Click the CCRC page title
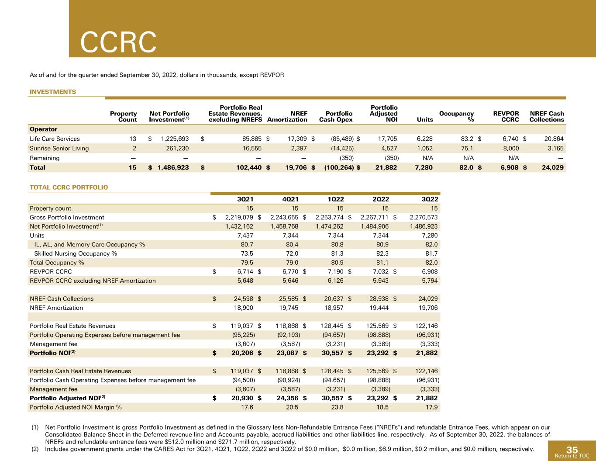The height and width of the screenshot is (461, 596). (x=118, y=42)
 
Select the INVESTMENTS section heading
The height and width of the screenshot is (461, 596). (x=53, y=92)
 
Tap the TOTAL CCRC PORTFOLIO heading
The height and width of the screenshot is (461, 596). (x=69, y=187)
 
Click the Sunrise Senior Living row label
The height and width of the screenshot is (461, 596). (x=59, y=148)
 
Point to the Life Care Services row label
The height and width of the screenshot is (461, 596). (x=55, y=139)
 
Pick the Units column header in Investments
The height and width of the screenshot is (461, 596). (x=425, y=119)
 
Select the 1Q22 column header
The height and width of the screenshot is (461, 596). (x=336, y=199)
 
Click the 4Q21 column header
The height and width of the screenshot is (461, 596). (x=290, y=199)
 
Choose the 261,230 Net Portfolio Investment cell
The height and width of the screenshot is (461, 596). (x=177, y=148)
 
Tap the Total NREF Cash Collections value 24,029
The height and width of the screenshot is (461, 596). (x=552, y=167)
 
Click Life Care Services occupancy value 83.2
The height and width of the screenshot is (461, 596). (x=467, y=139)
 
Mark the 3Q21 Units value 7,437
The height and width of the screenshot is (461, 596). (x=245, y=236)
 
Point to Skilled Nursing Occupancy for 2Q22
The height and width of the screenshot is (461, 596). (x=382, y=253)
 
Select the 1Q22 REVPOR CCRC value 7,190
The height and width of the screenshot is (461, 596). (x=335, y=272)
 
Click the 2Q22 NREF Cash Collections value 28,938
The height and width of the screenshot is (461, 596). (x=379, y=298)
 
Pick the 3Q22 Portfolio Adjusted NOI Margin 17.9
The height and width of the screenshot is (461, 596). (x=431, y=407)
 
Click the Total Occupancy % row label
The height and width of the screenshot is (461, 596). (x=57, y=263)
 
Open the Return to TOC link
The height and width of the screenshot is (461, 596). (x=572, y=455)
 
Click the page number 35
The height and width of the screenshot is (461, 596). (x=572, y=450)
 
